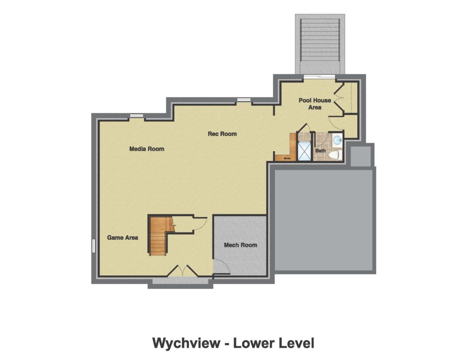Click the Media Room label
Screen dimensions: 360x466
pyautogui.click(x=147, y=149)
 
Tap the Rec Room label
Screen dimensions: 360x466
pyautogui.click(x=222, y=134)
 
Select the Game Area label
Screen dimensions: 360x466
pyautogui.click(x=122, y=238)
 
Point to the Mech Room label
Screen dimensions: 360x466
pyautogui.click(x=240, y=245)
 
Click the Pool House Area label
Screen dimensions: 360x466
pyautogui.click(x=315, y=104)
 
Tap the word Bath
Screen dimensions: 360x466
pyautogui.click(x=321, y=150)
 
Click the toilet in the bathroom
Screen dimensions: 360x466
pyautogui.click(x=334, y=155)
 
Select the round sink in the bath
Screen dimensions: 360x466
pyautogui.click(x=337, y=140)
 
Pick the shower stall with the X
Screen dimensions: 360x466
pyautogui.click(x=304, y=152)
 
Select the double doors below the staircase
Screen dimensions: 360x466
pyautogui.click(x=182, y=271)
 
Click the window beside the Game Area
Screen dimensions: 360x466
pyautogui.click(x=94, y=246)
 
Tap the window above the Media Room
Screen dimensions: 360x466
pyautogui.click(x=136, y=116)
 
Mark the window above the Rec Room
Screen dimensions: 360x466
pyautogui.click(x=243, y=100)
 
